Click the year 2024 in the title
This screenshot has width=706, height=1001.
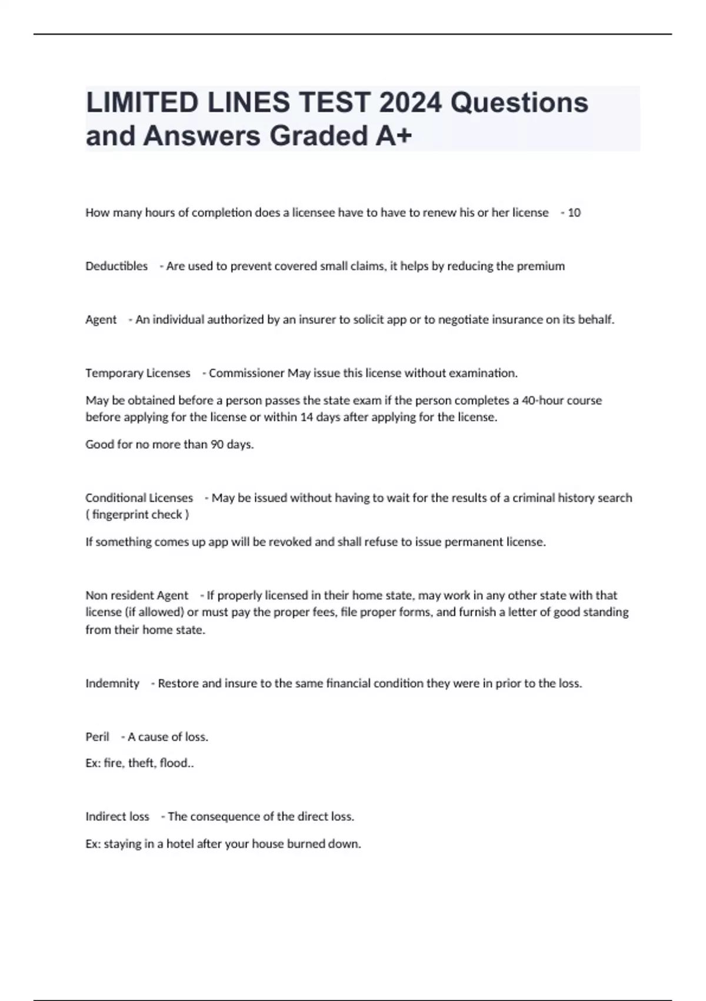pos(410,102)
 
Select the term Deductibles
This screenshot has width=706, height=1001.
pos(116,266)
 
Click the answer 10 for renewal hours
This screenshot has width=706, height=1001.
pos(574,213)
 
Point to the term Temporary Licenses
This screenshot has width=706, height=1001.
pos(138,373)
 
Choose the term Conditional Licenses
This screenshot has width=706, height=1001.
pos(139,498)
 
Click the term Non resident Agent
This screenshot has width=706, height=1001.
pos(136,595)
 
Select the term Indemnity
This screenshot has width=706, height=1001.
pos(112,684)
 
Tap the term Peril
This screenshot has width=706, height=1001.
pos(97,737)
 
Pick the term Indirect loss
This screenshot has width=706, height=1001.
pos(117,817)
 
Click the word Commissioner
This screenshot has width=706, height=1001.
pos(247,373)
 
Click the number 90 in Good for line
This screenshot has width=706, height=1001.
pos(217,445)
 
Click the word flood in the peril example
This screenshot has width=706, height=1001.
pos(174,763)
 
